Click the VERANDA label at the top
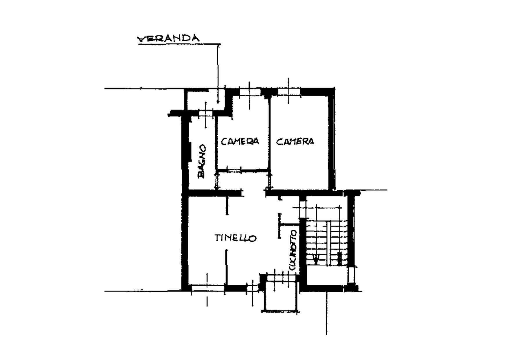[x=168, y=39]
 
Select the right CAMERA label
[x=295, y=141]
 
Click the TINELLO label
[x=236, y=238]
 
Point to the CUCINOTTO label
[x=293, y=251]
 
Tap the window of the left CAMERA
[x=250, y=92]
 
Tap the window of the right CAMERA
[x=289, y=92]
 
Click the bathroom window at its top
[x=206, y=114]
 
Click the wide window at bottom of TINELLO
[x=207, y=288]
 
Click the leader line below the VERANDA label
[x=218, y=73]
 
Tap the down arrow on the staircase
[x=317, y=258]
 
